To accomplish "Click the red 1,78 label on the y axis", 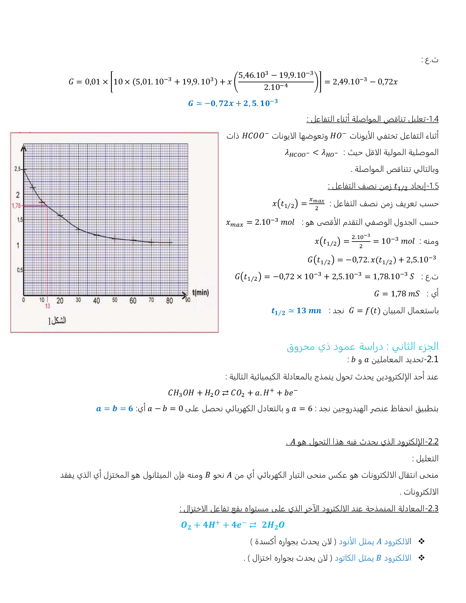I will click(16, 206).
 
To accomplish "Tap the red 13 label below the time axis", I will click(48, 306).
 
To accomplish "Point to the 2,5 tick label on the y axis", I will click(18, 169).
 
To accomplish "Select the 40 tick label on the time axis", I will click(96, 301).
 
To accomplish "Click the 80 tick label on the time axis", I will click(169, 301).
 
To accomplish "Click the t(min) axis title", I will click(200, 292).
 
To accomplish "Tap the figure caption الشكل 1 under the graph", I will click(57, 321).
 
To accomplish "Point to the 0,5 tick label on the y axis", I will click(19, 270).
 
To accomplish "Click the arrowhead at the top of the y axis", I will click(24, 147).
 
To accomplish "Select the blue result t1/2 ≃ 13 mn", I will click(296, 311).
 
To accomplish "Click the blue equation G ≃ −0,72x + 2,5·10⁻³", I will click(233, 103).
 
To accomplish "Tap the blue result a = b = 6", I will click(114, 409).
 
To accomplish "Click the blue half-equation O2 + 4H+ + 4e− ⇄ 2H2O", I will click(232, 525).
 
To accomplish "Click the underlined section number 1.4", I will click(433, 119).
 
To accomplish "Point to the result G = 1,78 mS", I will click(397, 294).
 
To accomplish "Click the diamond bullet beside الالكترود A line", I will click(422, 541).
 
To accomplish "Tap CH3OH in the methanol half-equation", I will click(181, 393).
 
